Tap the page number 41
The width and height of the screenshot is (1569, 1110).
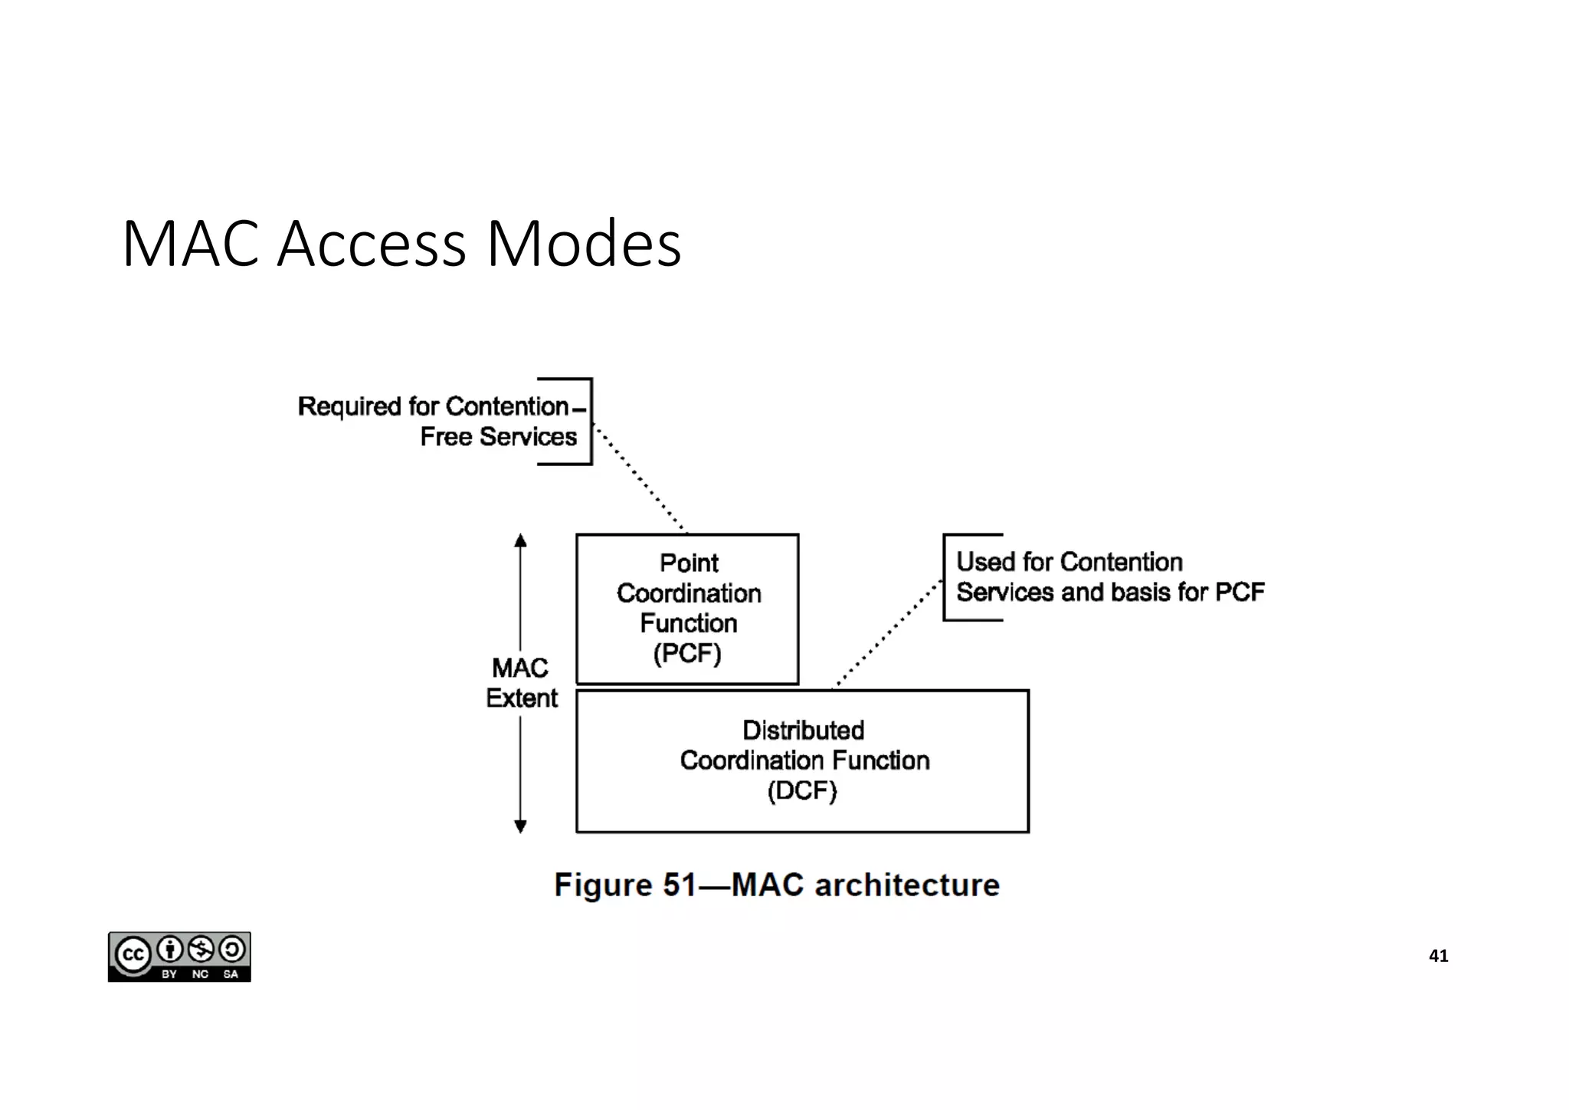[1438, 956]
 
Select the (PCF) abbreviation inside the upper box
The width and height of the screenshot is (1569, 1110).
[687, 654]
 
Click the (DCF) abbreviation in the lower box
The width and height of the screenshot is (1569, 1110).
[802, 790]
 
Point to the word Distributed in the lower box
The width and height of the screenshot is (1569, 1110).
[803, 730]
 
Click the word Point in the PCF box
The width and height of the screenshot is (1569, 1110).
[689, 563]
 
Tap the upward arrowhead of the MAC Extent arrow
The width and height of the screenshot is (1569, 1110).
[520, 540]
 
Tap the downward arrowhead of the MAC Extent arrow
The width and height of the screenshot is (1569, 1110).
[520, 826]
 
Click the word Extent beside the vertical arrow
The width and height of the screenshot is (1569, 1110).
[522, 698]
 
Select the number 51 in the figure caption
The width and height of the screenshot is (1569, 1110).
[679, 885]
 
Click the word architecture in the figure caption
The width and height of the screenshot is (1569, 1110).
[907, 885]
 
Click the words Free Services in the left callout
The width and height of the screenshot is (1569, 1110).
[498, 437]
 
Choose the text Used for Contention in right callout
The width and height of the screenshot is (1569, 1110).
[1069, 562]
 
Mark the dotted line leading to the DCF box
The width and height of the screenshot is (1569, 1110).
[886, 634]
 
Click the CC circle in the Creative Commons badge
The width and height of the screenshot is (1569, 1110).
[133, 955]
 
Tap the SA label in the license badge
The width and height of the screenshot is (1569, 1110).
[231, 974]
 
